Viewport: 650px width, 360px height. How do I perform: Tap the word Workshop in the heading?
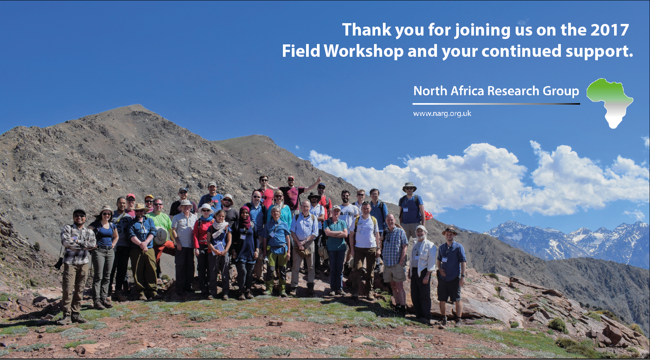364,51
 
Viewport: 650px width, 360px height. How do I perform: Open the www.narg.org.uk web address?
442,114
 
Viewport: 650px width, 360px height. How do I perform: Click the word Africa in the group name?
467,91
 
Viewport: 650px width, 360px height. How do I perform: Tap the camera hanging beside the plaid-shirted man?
59,263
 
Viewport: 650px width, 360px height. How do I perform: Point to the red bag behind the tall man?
428,215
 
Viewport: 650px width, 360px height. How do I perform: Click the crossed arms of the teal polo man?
336,233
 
